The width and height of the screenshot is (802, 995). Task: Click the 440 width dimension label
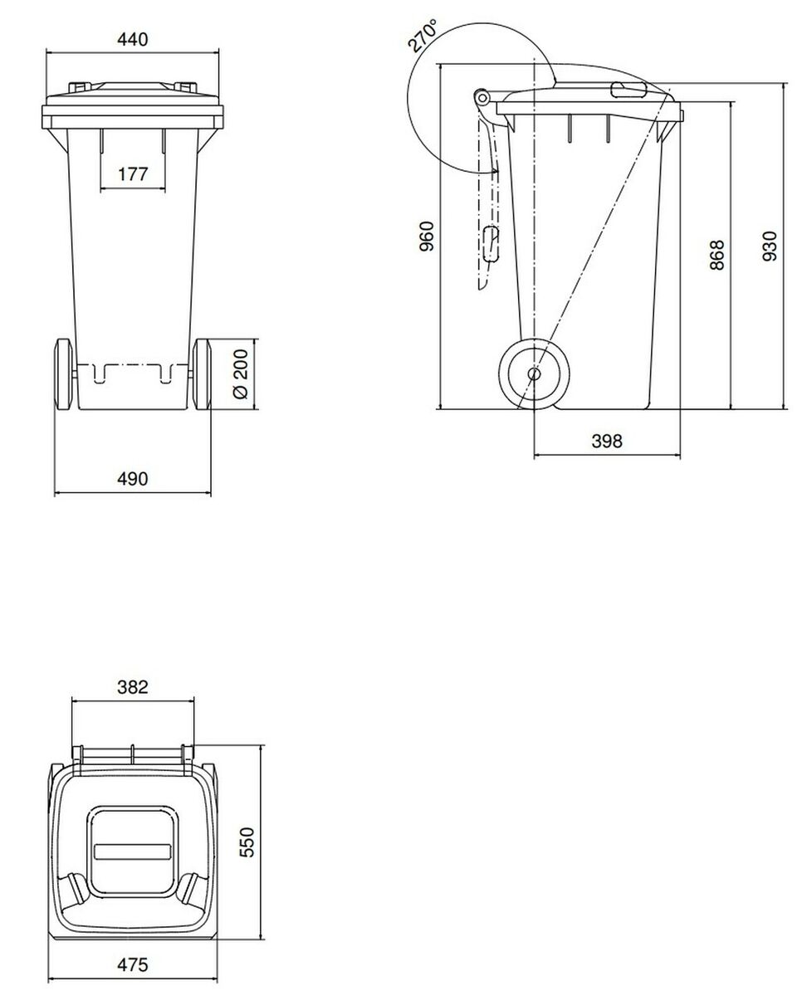pos(133,39)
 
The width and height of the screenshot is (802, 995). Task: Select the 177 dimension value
pos(133,174)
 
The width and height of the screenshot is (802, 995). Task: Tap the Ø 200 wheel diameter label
pos(242,374)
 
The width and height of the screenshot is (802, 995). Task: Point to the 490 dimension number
pos(133,479)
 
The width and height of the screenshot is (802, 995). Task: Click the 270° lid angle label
pos(423,36)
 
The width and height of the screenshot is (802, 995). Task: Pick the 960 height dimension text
pos(428,236)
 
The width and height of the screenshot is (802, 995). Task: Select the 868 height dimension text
pos(717,255)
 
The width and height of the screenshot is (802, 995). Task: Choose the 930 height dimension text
pos(770,246)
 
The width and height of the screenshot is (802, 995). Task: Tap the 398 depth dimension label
pos(607,441)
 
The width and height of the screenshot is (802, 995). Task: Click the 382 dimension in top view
pos(133,686)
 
